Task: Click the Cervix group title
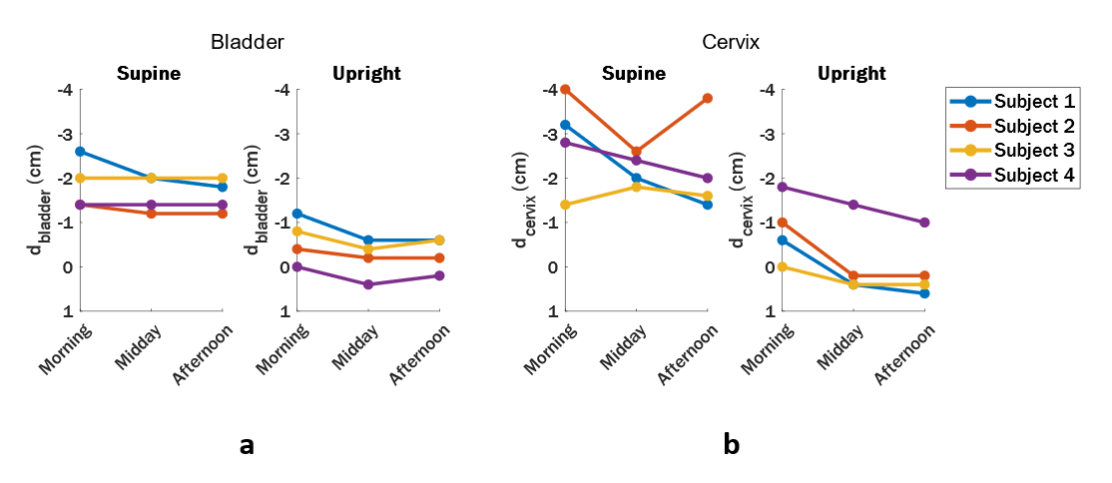731,43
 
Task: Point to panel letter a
247,445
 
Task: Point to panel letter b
732,445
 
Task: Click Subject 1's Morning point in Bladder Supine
80,152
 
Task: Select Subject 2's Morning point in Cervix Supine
565,89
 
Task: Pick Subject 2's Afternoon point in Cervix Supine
707,98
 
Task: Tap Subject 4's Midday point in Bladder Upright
368,284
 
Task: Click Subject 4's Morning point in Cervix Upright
782,187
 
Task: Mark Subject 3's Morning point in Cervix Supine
565,205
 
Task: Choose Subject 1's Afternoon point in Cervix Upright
923,293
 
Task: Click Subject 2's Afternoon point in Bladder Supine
222,214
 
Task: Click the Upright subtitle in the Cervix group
851,73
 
